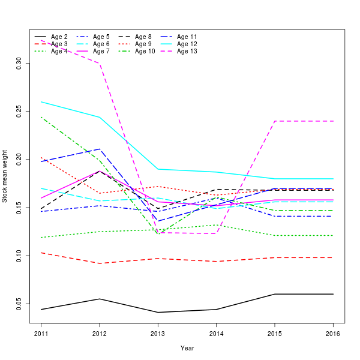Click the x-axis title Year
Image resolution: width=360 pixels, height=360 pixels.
point(187,348)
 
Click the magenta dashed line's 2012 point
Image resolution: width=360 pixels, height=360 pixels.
point(100,63)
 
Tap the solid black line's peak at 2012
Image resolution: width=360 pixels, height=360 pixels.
point(100,299)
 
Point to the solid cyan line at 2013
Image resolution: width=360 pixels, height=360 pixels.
point(158,169)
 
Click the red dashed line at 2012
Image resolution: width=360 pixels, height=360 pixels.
point(100,263)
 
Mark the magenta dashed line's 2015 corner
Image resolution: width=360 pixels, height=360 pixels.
point(275,121)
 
